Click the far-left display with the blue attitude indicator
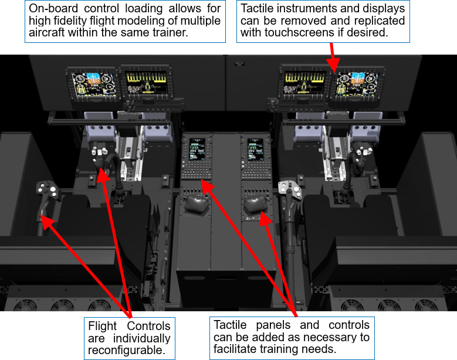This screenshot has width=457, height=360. [x=93, y=83]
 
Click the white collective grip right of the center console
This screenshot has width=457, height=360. [x=290, y=189]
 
